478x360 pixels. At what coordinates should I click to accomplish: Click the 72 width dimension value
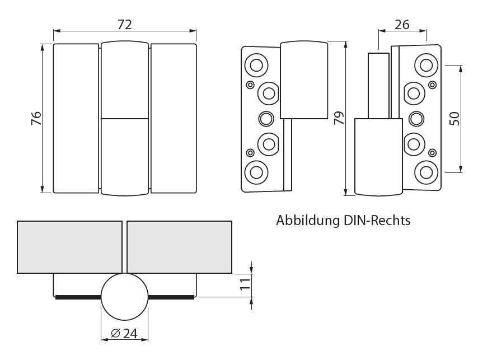[x=125, y=25]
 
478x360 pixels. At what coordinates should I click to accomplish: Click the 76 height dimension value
[x=36, y=118]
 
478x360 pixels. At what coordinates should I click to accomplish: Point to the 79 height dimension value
[x=339, y=118]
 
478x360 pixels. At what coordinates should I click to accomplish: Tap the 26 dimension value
[x=402, y=25]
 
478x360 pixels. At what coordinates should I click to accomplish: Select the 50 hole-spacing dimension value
[x=454, y=119]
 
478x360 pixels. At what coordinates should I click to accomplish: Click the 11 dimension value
[x=245, y=284]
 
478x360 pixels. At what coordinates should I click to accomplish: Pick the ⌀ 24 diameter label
[x=124, y=333]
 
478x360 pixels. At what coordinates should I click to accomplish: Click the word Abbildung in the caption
[x=308, y=220]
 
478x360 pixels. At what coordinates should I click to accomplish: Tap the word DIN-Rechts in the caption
[x=377, y=220]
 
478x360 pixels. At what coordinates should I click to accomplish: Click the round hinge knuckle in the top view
[x=125, y=297]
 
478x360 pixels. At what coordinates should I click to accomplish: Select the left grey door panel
[x=69, y=247]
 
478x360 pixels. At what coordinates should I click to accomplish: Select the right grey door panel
[x=179, y=247]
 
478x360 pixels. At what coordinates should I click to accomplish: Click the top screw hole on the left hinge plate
[x=256, y=66]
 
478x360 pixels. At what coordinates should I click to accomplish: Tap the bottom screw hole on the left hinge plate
[x=256, y=172]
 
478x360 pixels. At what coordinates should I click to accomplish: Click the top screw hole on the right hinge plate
[x=426, y=66]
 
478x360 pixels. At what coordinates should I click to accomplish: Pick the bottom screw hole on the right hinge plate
[x=426, y=172]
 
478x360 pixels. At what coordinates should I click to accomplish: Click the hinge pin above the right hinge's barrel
[x=378, y=86]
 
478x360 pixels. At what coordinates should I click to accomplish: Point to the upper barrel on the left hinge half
[x=304, y=80]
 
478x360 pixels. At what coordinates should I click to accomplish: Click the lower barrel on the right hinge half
[x=378, y=157]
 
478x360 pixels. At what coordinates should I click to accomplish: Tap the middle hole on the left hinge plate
[x=266, y=119]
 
